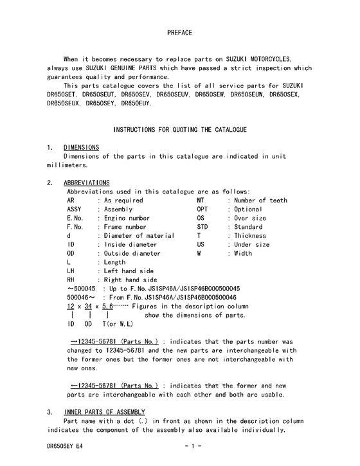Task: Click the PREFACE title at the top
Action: point(179,31)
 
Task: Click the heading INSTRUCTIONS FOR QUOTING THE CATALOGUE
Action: point(179,129)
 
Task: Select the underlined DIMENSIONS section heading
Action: point(81,147)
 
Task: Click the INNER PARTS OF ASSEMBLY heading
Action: point(104,411)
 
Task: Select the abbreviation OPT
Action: point(203,210)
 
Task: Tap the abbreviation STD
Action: point(203,227)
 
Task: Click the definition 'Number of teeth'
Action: point(260,201)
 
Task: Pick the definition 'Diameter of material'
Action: point(139,236)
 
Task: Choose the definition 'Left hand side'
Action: point(129,271)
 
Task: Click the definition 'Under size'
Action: point(251,245)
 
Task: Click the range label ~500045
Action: point(80,289)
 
